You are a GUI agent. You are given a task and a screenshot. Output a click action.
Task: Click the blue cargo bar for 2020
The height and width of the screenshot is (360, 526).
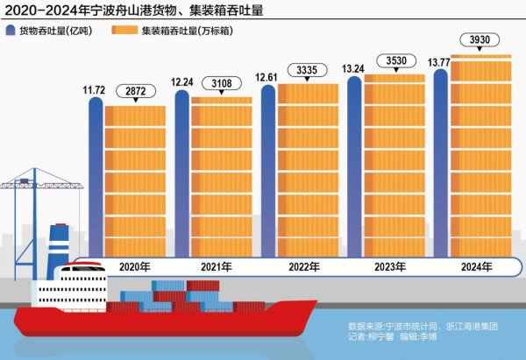pyautogui.click(x=96, y=175)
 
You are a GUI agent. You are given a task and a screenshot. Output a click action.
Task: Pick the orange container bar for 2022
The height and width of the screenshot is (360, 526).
pyautogui.click(x=308, y=166)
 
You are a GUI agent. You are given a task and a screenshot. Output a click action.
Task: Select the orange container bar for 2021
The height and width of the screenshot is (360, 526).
pyautogui.click(x=221, y=175)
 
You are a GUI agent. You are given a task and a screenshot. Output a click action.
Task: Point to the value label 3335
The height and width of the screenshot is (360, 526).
pyautogui.click(x=309, y=70)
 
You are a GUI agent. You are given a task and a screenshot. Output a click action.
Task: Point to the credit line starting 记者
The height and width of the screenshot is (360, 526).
pyautogui.click(x=404, y=337)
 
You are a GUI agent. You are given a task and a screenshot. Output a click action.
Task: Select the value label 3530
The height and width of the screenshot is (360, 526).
pyautogui.click(x=393, y=61)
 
